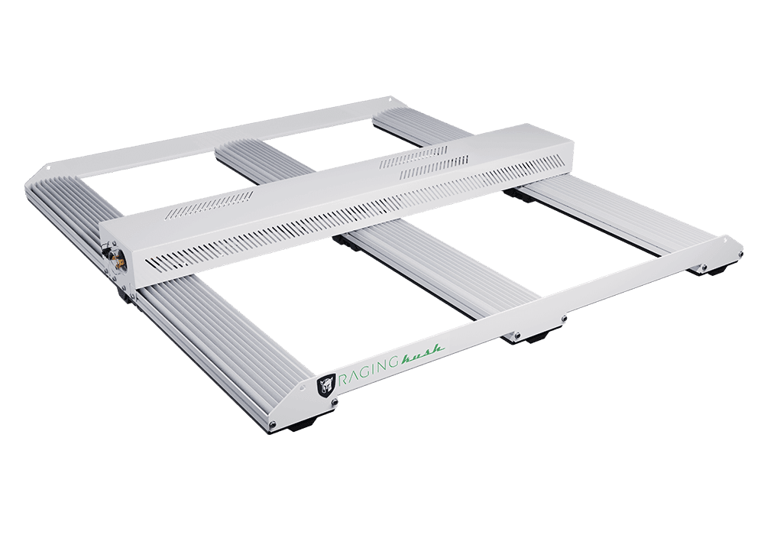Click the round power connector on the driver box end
coord(118,259)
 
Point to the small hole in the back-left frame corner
coord(49,169)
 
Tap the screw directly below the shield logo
coord(335,403)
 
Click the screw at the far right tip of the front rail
coord(740,255)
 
